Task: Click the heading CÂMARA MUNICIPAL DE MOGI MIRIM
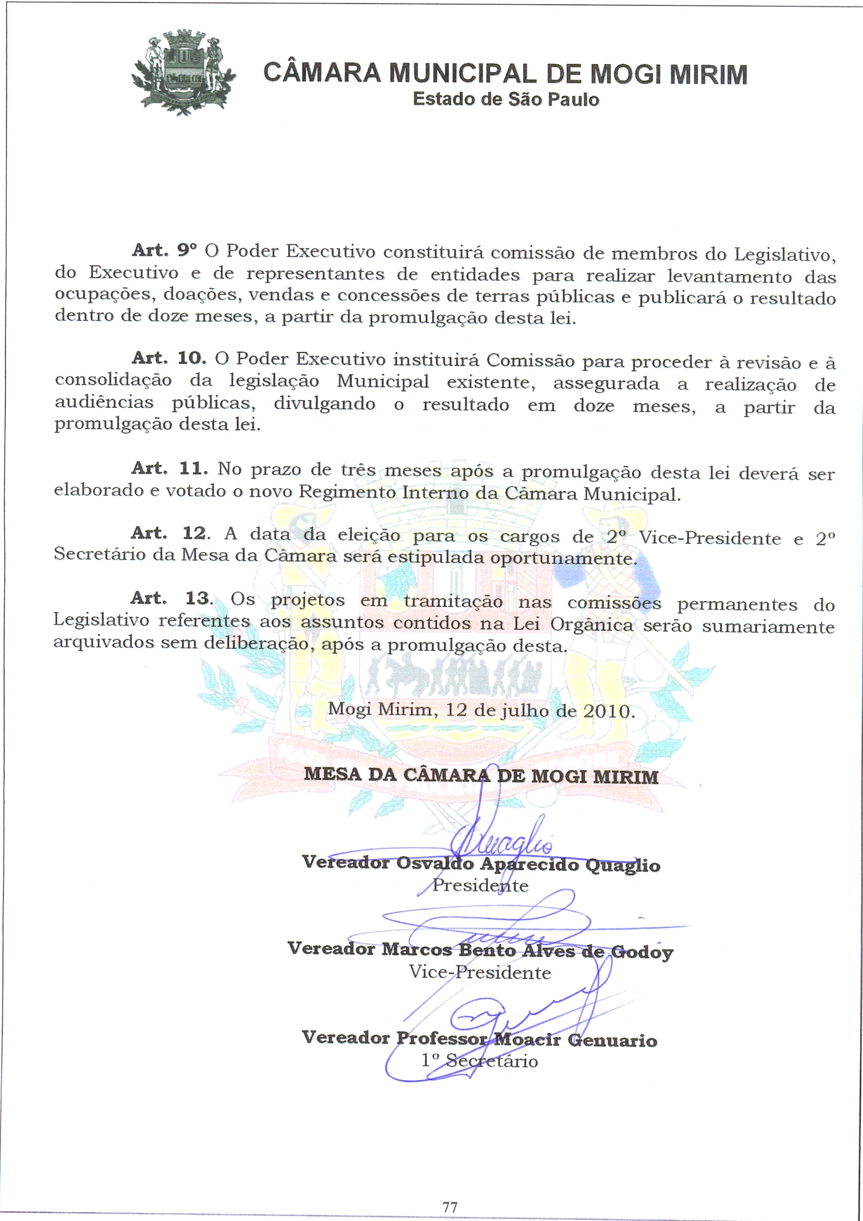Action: click(x=505, y=74)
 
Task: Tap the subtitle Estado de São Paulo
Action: click(x=506, y=99)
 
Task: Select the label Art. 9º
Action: click(x=164, y=250)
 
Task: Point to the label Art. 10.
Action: click(x=169, y=358)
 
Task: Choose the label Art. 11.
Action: click(x=169, y=468)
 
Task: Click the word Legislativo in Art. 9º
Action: click(x=785, y=255)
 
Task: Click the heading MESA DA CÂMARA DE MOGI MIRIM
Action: click(x=481, y=775)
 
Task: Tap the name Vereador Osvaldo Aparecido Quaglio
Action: click(x=481, y=864)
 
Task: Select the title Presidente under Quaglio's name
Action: click(x=480, y=886)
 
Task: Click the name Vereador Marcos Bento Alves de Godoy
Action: click(x=480, y=950)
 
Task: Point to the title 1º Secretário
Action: click(x=480, y=1060)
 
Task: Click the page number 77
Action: click(x=450, y=1207)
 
